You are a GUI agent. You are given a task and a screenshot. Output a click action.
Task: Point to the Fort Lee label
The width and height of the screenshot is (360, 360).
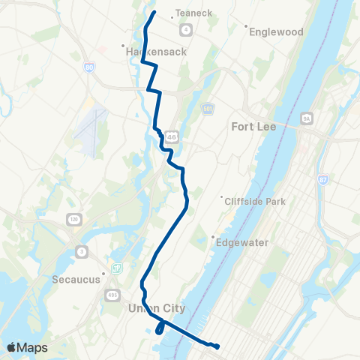pyautogui.click(x=254, y=127)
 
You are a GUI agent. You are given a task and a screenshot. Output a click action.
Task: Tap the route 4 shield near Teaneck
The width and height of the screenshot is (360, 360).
pyautogui.click(x=184, y=29)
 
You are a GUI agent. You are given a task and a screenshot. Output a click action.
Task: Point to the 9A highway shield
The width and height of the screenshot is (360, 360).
pyautogui.click(x=305, y=118)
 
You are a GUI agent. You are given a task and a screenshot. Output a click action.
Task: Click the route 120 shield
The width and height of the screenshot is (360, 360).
pyautogui.click(x=74, y=219)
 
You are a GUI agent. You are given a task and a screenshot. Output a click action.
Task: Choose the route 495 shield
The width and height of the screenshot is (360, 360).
pyautogui.click(x=112, y=293)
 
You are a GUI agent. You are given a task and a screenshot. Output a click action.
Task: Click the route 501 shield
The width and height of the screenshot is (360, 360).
pyautogui.click(x=207, y=109)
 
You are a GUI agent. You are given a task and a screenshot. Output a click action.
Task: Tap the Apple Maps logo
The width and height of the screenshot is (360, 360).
pyautogui.click(x=27, y=347)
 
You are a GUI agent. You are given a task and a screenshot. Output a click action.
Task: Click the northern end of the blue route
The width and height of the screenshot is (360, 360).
pyautogui.click(x=154, y=13)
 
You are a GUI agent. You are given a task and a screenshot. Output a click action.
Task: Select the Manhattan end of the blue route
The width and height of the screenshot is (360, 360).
pyautogui.click(x=217, y=346)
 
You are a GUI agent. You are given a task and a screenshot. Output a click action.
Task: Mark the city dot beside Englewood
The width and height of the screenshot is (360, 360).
pyautogui.click(x=247, y=25)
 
